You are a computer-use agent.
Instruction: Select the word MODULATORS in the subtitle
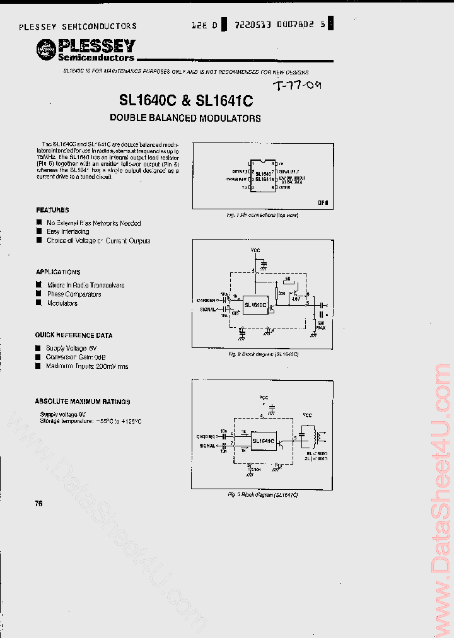pyautogui.click(x=230, y=118)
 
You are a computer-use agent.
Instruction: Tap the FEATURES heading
pyautogui.click(x=52, y=210)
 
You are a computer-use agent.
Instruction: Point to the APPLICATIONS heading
pyautogui.click(x=58, y=272)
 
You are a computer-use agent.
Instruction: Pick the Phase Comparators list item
pyautogui.click(x=74, y=294)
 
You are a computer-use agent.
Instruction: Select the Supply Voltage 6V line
pyautogui.click(x=71, y=348)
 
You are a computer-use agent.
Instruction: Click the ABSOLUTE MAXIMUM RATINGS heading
pyautogui.click(x=83, y=401)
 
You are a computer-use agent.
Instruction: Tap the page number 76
pyautogui.click(x=38, y=503)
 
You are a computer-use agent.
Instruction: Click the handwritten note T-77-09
pyautogui.click(x=301, y=86)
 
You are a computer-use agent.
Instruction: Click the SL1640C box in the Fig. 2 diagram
pyautogui.click(x=255, y=304)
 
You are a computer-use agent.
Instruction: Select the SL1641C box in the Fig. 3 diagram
pyautogui.click(x=264, y=441)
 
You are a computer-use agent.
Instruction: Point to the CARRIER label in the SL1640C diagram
pyautogui.click(x=206, y=301)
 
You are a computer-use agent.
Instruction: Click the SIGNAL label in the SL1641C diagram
pyautogui.click(x=207, y=445)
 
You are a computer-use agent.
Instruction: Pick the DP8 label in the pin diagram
pyautogui.click(x=323, y=203)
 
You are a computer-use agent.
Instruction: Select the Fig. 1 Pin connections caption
pyautogui.click(x=262, y=216)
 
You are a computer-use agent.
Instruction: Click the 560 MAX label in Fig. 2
pyautogui.click(x=320, y=325)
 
